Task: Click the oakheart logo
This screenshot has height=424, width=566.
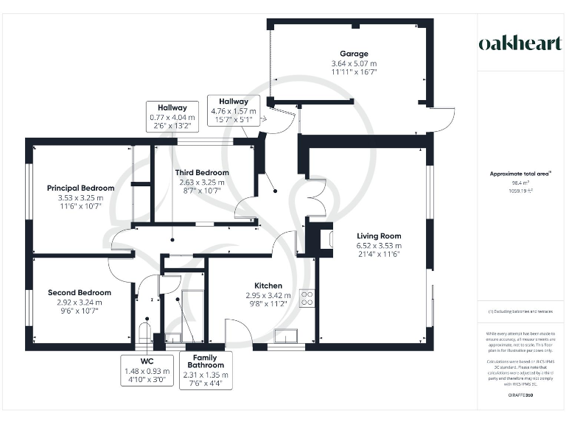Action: point(520,43)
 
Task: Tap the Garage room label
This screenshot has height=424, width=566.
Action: point(354,54)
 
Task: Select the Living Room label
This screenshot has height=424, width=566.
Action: point(380,236)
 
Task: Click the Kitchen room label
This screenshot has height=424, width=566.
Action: point(268,286)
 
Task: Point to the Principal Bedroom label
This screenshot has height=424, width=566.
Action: point(81,188)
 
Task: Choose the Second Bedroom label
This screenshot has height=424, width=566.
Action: point(80,292)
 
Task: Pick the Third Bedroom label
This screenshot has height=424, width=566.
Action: point(202,172)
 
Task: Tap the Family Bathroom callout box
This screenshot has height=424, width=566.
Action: point(206,370)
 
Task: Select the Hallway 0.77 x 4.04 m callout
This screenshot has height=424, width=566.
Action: point(172,116)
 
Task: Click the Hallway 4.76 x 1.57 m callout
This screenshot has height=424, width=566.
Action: point(233,110)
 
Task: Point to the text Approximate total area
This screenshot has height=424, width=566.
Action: point(520,174)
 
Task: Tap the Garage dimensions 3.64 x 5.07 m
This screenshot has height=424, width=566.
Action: point(354,63)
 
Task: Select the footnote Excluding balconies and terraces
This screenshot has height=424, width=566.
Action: point(520,312)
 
